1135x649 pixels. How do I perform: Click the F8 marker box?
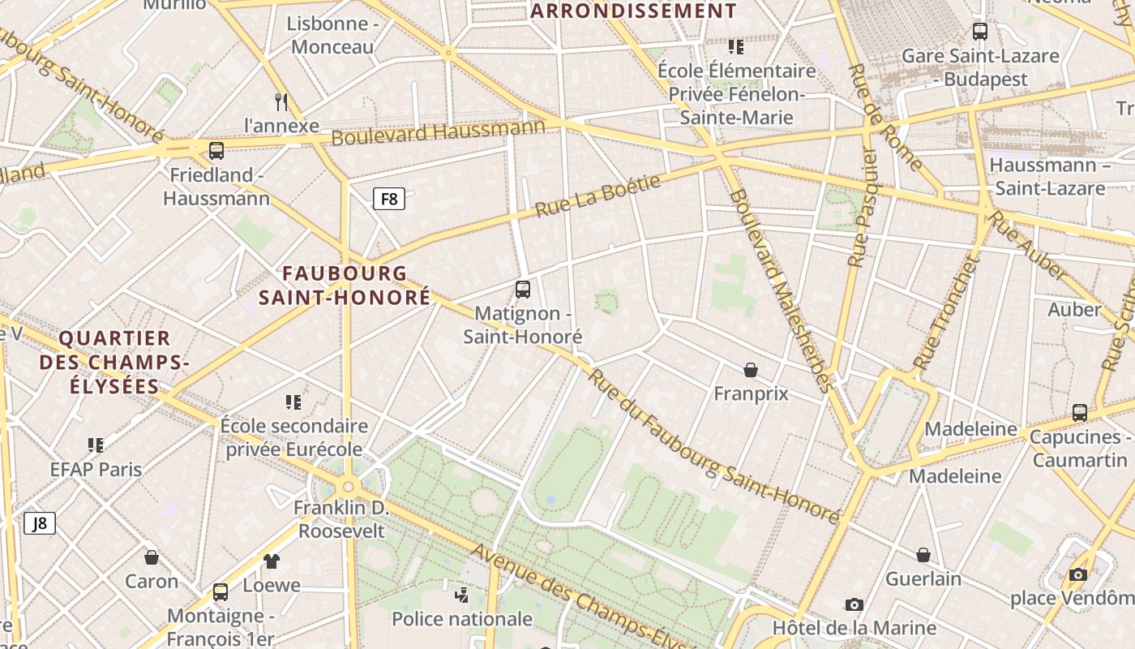pyautogui.click(x=389, y=199)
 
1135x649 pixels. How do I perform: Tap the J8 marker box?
pyautogui.click(x=39, y=523)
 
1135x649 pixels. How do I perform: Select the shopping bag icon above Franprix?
pyautogui.click(x=751, y=370)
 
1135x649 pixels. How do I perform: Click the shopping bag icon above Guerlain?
pyautogui.click(x=923, y=555)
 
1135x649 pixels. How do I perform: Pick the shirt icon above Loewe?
pyautogui.click(x=272, y=561)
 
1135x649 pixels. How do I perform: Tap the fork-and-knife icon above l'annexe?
pyautogui.click(x=281, y=101)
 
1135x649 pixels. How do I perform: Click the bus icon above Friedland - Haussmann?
pyautogui.click(x=216, y=150)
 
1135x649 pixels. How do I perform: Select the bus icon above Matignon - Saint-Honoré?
pyautogui.click(x=523, y=289)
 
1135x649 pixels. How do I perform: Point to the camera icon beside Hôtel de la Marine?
pyautogui.click(x=854, y=604)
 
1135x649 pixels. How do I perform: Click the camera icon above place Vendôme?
pyautogui.click(x=1077, y=574)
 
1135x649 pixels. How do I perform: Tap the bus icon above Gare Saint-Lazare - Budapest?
pyautogui.click(x=980, y=32)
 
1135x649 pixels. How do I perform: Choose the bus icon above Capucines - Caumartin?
pyautogui.click(x=1080, y=412)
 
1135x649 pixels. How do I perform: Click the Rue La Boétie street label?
pyautogui.click(x=597, y=197)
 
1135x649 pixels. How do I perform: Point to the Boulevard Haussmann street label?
pyautogui.click(x=438, y=133)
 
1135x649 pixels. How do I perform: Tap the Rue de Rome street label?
pyautogui.click(x=884, y=118)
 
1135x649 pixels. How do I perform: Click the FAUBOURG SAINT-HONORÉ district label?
pyautogui.click(x=345, y=286)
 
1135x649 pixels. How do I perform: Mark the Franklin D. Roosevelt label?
pyautogui.click(x=341, y=520)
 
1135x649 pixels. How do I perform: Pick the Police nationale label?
pyautogui.click(x=462, y=619)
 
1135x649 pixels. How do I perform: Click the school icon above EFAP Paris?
pyautogui.click(x=96, y=445)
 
